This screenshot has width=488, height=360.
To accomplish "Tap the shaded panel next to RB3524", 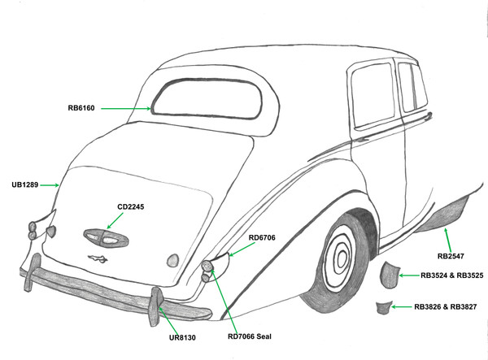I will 390,274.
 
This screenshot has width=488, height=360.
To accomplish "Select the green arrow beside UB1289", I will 50,185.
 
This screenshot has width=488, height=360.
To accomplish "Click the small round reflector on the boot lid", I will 172,259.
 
